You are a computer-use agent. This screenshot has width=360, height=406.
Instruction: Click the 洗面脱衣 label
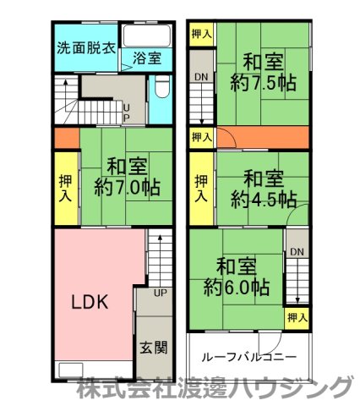pos(86,47)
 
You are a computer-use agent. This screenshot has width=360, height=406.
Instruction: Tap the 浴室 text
pos(147,58)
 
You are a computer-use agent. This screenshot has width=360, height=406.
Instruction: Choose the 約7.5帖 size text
pos(263,83)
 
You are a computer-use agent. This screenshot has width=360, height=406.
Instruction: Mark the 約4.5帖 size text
pos(264,200)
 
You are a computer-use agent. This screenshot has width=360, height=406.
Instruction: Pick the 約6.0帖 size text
pos(237,288)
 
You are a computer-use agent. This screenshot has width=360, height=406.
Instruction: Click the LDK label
pos(88,302)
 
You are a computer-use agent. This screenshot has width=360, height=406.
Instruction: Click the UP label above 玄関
pos(161,294)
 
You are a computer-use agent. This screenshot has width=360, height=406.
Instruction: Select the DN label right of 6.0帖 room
pos(296,252)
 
